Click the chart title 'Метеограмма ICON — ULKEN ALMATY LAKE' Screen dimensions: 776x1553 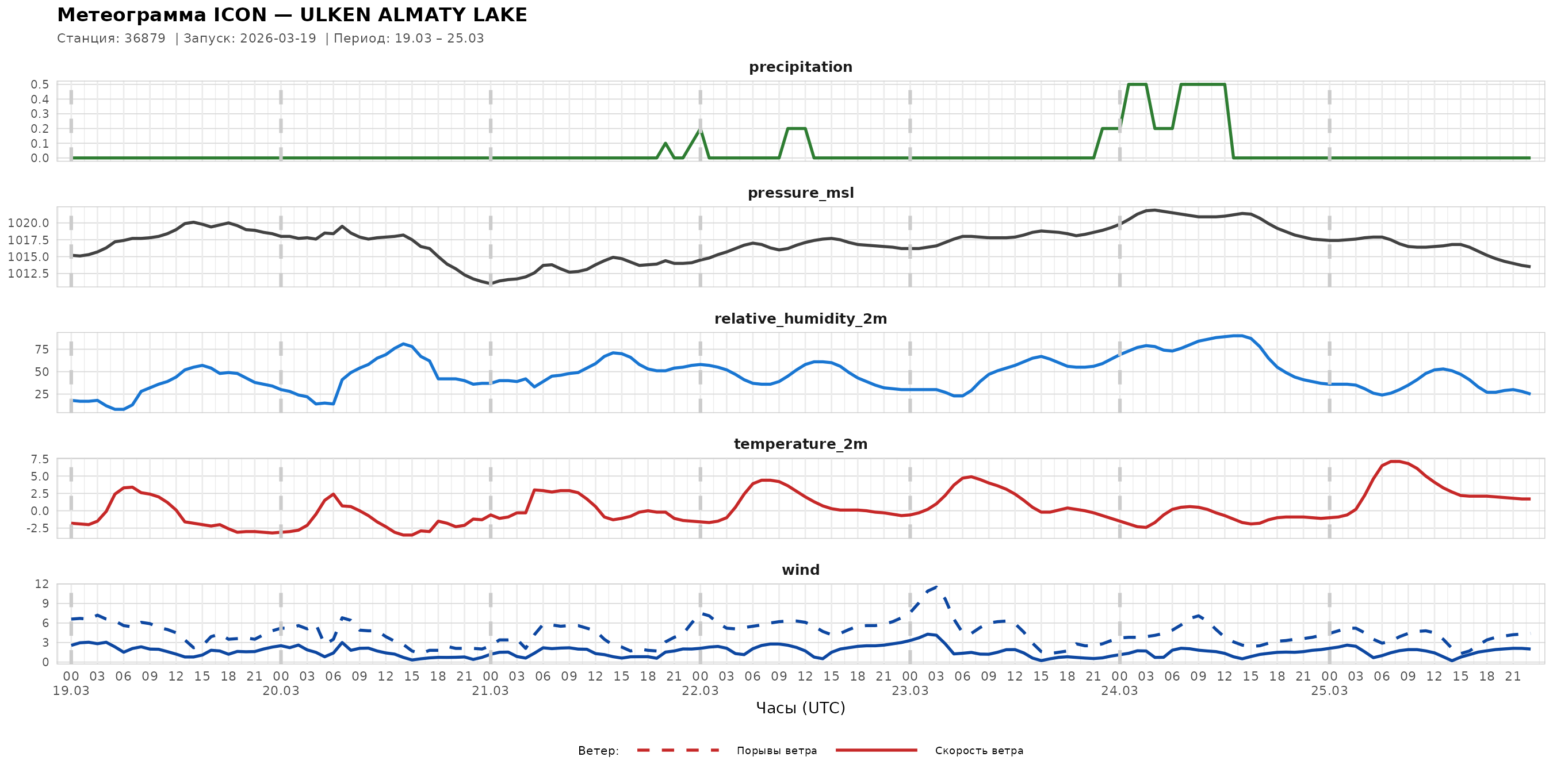click(292, 15)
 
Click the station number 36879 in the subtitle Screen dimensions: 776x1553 click(145, 39)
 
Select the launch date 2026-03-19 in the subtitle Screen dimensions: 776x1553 click(278, 39)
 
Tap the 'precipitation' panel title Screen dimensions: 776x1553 click(800, 67)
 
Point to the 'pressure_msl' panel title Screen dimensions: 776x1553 click(800, 193)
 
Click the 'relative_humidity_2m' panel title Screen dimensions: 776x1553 click(800, 318)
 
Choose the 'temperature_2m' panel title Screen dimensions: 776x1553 click(800, 444)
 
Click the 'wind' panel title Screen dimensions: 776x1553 click(800, 570)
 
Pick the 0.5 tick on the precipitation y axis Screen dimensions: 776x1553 click(40, 84)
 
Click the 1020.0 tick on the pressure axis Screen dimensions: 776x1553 click(28, 223)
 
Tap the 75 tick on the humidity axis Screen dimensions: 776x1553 click(41, 349)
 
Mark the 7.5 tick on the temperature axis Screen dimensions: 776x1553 click(40, 460)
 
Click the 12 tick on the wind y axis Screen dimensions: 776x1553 click(41, 584)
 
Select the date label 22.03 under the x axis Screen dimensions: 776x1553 click(700, 691)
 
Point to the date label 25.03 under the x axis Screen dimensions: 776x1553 click(1329, 691)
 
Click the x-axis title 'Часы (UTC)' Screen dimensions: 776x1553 click(800, 708)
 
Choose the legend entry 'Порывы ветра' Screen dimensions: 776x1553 click(776, 751)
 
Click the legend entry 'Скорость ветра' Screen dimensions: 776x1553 click(978, 751)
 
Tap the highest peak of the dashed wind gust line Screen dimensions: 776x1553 click(936, 587)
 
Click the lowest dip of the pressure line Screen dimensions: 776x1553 click(489, 283)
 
